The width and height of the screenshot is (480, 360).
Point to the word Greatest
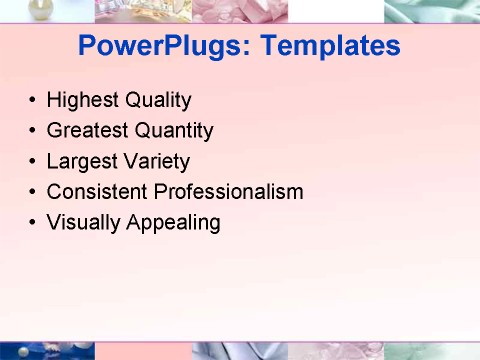[87, 131]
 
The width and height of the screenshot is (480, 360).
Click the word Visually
[84, 222]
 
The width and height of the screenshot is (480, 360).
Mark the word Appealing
[174, 222]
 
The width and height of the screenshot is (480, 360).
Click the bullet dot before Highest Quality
[33, 102]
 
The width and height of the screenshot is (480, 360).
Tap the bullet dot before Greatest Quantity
[33, 132]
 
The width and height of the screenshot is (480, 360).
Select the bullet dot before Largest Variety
[33, 162]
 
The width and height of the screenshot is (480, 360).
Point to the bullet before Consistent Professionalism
[33, 192]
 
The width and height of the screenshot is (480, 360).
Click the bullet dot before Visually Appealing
[33, 223]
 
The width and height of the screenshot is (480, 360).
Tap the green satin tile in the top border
[432, 11]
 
